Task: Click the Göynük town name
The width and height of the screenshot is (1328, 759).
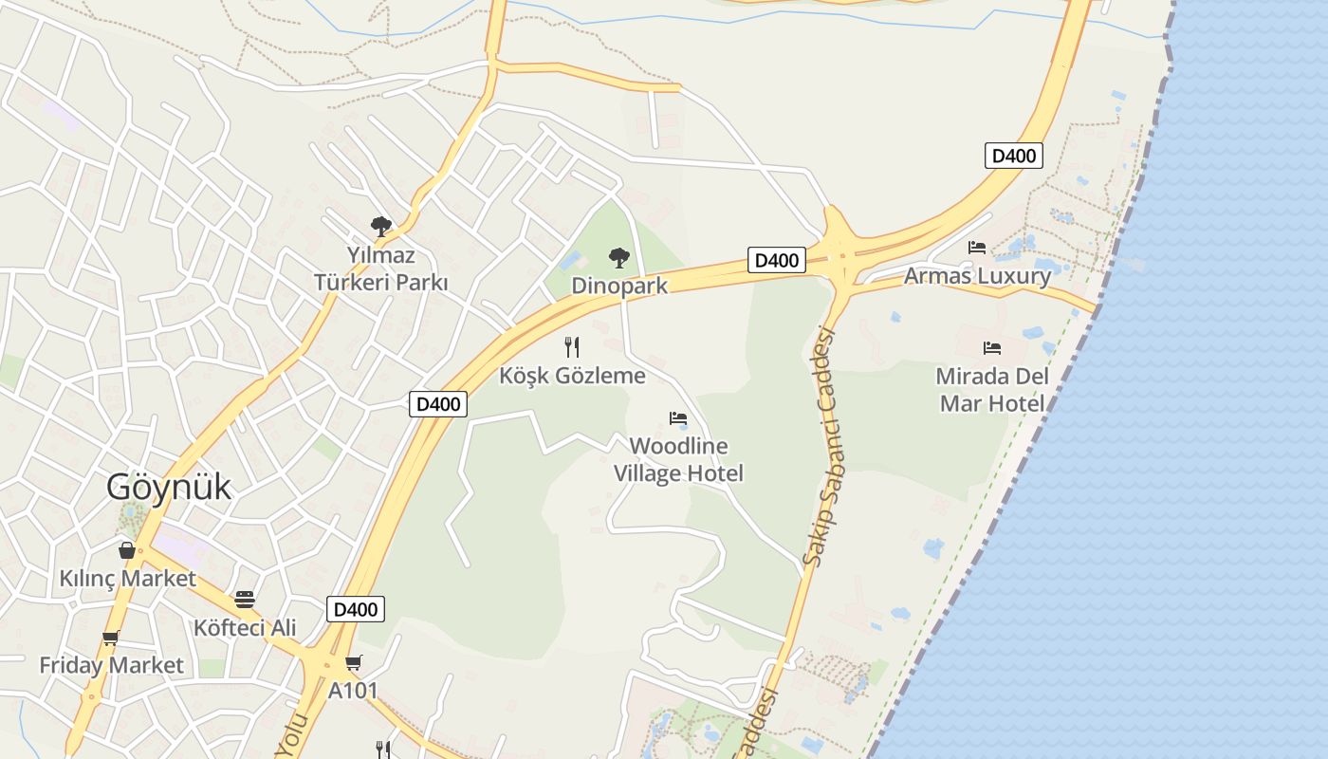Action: (x=169, y=487)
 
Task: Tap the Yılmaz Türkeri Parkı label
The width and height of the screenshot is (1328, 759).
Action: (x=380, y=269)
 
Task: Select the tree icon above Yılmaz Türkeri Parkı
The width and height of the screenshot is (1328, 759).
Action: (x=380, y=227)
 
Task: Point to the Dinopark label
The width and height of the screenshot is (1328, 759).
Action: (x=619, y=286)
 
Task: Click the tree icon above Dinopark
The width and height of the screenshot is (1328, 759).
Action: (x=619, y=257)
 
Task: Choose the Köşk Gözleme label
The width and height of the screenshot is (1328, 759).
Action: (x=572, y=376)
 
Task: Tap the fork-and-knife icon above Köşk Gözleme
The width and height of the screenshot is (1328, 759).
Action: (x=572, y=347)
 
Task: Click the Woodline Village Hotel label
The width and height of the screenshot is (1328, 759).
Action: (x=678, y=459)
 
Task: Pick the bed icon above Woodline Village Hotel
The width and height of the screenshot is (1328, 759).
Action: (x=678, y=417)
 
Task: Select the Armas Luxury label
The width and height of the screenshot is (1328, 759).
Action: (x=977, y=276)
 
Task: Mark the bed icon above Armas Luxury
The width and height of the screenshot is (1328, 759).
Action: (x=977, y=248)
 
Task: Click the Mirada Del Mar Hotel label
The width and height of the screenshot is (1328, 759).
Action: (x=992, y=390)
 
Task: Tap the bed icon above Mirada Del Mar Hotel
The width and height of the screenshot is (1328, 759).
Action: (x=992, y=348)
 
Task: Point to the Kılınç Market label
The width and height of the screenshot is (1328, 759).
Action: (x=127, y=579)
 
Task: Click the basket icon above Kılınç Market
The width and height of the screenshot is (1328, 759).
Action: (x=127, y=550)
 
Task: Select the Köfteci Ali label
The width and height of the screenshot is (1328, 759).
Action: (x=245, y=628)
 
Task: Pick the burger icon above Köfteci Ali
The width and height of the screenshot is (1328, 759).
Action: (x=245, y=600)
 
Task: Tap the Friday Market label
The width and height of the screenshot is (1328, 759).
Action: (x=111, y=666)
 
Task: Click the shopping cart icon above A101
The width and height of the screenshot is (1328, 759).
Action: (x=353, y=662)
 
